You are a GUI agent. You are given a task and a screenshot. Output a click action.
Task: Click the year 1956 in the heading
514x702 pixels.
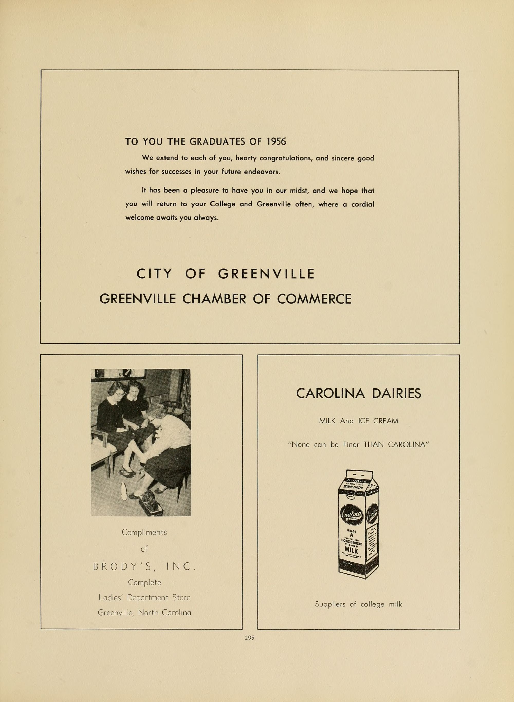[x=276, y=142]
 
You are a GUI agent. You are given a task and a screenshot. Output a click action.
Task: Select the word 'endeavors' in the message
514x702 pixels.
[x=262, y=172]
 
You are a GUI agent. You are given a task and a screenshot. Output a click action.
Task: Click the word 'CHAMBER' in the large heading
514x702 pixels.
[x=214, y=299]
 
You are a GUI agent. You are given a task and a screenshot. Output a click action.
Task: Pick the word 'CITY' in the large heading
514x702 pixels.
[x=154, y=274]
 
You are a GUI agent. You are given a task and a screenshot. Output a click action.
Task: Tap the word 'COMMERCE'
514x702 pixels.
[x=314, y=299]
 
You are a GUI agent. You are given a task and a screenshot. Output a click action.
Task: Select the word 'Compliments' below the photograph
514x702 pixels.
[x=144, y=532]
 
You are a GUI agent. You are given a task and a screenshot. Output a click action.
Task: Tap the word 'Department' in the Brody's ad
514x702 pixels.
[x=152, y=597]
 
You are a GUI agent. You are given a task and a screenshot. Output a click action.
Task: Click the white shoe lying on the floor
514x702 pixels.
[x=124, y=491]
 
